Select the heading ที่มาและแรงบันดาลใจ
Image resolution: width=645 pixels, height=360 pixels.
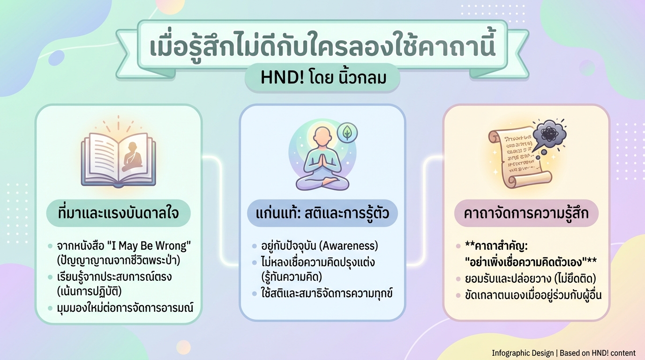click(x=119, y=214)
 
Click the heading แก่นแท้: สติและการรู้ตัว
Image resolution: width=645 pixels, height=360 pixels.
click(x=322, y=214)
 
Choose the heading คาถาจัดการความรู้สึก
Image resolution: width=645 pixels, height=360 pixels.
click(x=526, y=214)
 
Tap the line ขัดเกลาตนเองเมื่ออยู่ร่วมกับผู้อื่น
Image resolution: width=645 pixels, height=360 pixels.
click(x=533, y=295)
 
